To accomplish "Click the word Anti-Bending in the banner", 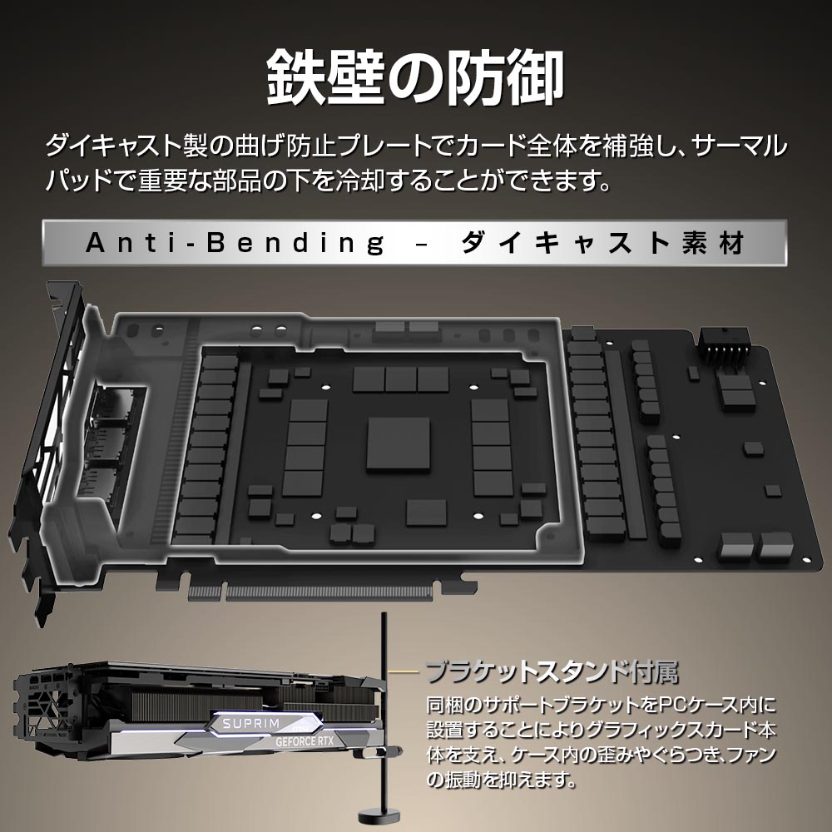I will pyautogui.click(x=235, y=243).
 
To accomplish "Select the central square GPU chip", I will pyautogui.click(x=399, y=444).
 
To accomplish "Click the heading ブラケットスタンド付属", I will pyautogui.click(x=552, y=671).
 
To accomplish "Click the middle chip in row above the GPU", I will pyautogui.click(x=400, y=378).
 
